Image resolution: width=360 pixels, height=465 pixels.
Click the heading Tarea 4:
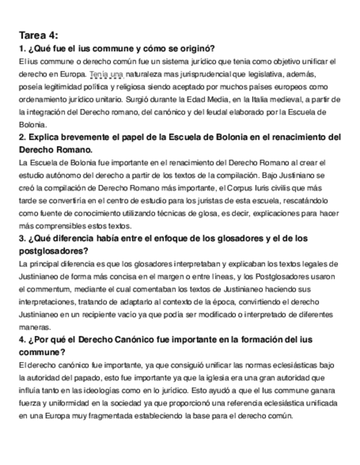tap(38, 36)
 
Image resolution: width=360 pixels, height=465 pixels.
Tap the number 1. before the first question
tap(21, 48)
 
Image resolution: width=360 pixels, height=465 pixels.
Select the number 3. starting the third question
tap(21, 239)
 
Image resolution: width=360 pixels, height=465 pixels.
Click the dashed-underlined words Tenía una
tap(106, 74)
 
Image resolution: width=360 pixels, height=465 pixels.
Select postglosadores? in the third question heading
tap(53, 251)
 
